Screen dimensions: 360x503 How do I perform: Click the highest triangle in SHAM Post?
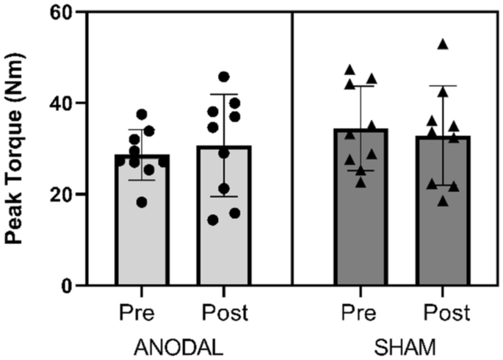[x=443, y=45]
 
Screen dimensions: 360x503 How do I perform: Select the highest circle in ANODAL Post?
[x=224, y=76]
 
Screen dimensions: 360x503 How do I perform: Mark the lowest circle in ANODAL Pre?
[x=141, y=202]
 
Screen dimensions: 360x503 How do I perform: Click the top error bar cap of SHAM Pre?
[x=361, y=86]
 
